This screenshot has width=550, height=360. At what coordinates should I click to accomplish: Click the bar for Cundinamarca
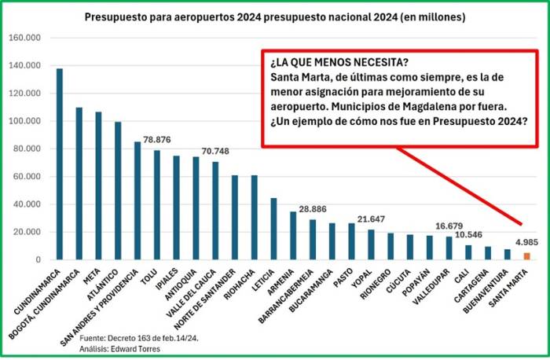[x=60, y=164]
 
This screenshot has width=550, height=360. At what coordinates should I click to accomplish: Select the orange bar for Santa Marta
[x=526, y=255]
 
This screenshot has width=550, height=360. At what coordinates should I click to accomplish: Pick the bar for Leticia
[x=273, y=229]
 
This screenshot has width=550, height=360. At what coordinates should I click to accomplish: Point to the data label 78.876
[x=157, y=140]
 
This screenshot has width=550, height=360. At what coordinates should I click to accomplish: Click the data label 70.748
[x=215, y=151]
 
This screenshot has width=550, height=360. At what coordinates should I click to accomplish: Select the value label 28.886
[x=312, y=209]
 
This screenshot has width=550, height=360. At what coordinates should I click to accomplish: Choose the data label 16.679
[x=449, y=226]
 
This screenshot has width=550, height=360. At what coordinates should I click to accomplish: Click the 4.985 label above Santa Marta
[x=526, y=243]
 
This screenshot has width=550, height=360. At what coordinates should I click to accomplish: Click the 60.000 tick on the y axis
[x=27, y=176]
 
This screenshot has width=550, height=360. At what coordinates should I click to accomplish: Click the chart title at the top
[x=274, y=17]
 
